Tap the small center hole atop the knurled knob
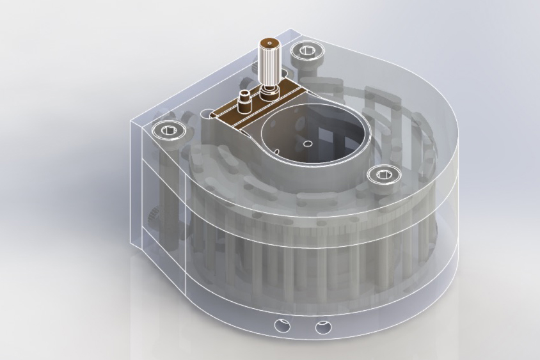point(269,44)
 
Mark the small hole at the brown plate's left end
point(212,116)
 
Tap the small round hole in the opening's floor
point(308,143)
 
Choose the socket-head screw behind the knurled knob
point(306,51)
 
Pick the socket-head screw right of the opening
point(384,173)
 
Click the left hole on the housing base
point(282,325)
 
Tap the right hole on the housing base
point(323,328)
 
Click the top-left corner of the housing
point(131,120)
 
